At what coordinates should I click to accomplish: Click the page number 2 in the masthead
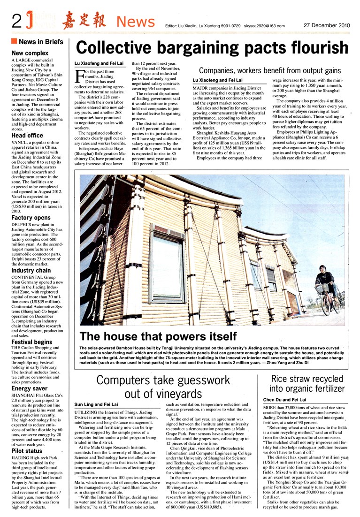click(x=16, y=21)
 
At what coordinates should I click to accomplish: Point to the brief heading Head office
click(x=27, y=136)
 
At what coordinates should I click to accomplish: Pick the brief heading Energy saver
click(x=30, y=388)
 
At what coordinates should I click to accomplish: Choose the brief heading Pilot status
click(x=27, y=451)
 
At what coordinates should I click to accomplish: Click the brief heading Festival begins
click(x=31, y=342)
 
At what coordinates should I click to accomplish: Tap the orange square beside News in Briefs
click(x=14, y=41)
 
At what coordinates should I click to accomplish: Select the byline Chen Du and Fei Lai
click(x=284, y=399)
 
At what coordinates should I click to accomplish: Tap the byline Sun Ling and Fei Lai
click(x=96, y=403)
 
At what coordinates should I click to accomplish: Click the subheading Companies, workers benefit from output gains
click(x=270, y=70)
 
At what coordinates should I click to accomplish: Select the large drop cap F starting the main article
click(x=79, y=76)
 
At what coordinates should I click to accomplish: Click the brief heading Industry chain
click(x=31, y=270)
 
